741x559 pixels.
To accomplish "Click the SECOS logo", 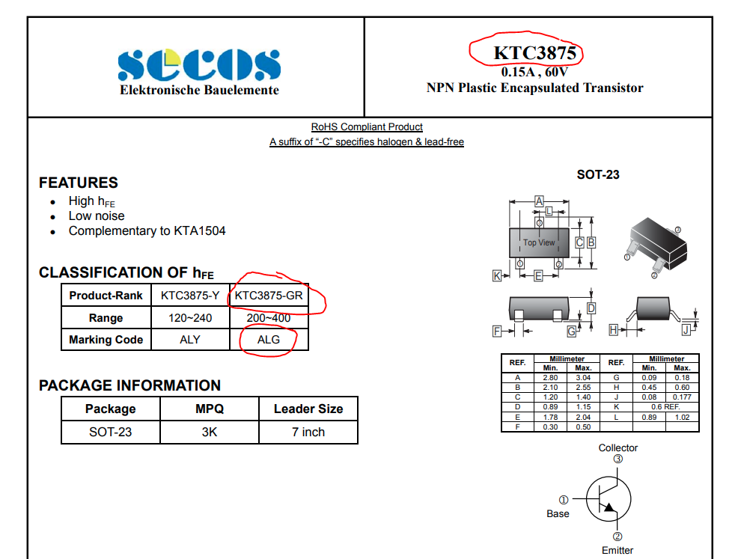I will point(199,66).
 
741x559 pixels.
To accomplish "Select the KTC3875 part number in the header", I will point(534,53).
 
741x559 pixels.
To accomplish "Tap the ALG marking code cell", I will point(268,340).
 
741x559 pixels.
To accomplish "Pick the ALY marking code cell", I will point(190,340).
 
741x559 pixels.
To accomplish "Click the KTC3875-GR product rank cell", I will point(269,296).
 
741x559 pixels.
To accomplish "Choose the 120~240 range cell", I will point(190,318).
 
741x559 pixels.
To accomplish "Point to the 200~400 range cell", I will point(269,318).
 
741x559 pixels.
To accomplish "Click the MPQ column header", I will point(210,409).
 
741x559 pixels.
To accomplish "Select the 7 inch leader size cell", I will point(308,432).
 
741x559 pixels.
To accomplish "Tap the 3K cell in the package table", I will point(210,432).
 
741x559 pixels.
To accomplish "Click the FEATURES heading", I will point(79,183).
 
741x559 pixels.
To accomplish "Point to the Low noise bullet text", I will point(97,216).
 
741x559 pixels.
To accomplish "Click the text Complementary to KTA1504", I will point(147,230).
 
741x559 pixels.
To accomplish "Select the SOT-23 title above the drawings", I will point(598,175).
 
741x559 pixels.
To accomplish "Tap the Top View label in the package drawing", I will point(539,242).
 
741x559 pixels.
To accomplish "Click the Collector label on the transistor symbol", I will point(618,447).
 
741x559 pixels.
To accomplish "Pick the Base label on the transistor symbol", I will point(558,514).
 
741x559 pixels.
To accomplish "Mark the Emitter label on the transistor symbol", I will point(617,551).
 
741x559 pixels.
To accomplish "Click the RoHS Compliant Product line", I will point(367,127).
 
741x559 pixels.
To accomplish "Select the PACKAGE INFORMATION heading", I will point(129,385).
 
